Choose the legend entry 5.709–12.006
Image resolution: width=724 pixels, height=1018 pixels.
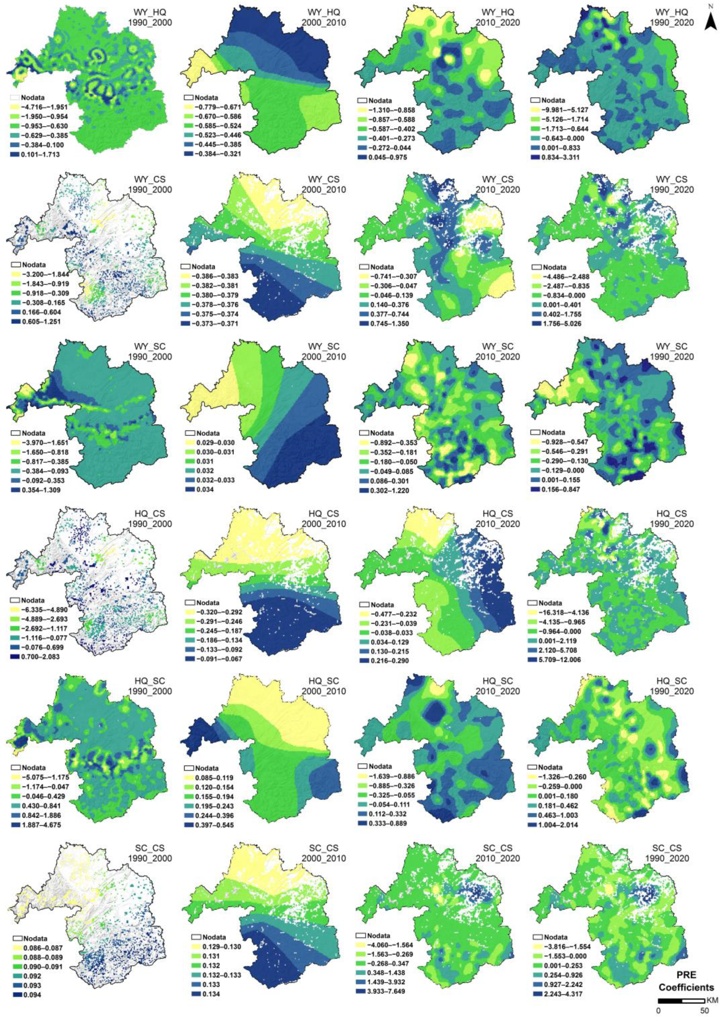560,660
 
